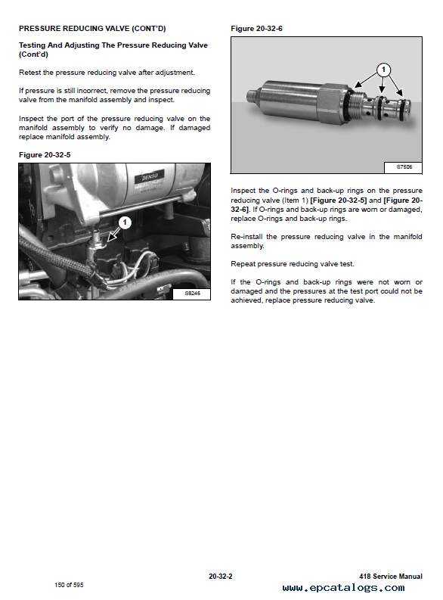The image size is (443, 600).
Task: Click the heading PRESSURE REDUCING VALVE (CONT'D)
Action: pos(92,28)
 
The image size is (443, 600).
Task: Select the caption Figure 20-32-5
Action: pos(45,155)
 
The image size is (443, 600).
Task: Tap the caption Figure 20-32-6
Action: pos(256,29)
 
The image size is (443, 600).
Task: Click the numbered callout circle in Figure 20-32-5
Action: pos(125,222)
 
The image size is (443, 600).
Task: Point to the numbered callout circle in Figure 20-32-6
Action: pos(383,70)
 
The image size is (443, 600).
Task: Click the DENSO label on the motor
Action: pos(150,177)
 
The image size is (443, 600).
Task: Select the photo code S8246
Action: pos(192,294)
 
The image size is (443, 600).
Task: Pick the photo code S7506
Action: pos(404,167)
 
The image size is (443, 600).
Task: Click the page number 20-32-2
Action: pos(221,577)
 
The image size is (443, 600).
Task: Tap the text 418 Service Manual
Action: pos(391,577)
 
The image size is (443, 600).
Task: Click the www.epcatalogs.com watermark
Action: pos(344,588)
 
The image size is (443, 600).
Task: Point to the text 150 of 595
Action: pos(69,585)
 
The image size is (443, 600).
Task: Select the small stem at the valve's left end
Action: pos(252,96)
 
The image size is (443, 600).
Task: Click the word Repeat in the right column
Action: pos(243,264)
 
